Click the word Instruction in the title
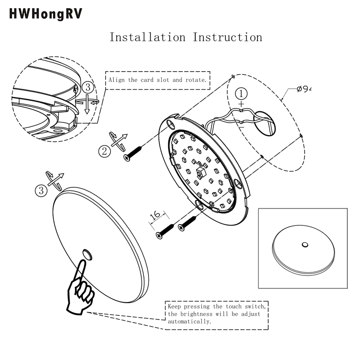tap(228, 37)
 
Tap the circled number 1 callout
tap(242, 94)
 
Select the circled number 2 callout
tap(105, 151)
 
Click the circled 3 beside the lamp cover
tap(41, 190)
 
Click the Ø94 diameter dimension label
tap(304, 90)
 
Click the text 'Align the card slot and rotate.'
tap(157, 80)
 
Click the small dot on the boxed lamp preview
tap(305, 244)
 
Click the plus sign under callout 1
tap(242, 104)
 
